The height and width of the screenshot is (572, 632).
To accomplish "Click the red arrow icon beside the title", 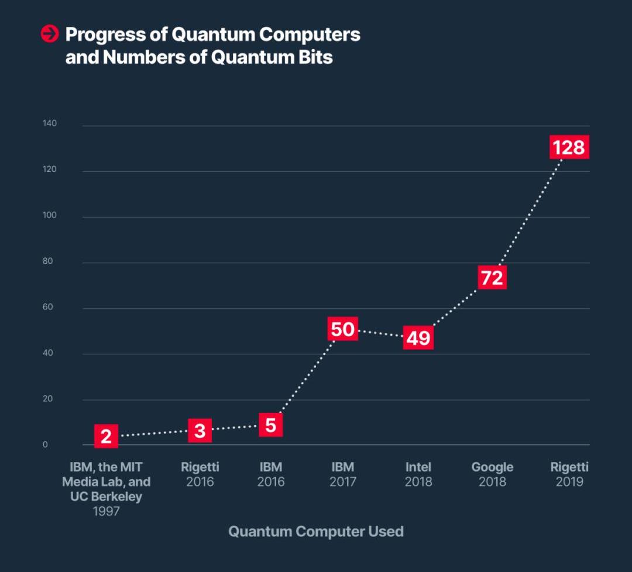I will tap(50, 35).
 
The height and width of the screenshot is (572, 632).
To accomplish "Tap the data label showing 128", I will tap(569, 147).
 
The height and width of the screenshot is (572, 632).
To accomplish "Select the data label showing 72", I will tap(492, 278).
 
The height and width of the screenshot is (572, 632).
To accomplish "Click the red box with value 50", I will tap(342, 329).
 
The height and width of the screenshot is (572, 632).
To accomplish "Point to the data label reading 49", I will tap(418, 337).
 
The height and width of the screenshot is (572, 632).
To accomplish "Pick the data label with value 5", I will tap(270, 425).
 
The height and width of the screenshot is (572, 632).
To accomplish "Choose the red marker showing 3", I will tap(200, 431).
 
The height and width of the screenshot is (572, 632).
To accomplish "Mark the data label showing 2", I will tap(106, 436).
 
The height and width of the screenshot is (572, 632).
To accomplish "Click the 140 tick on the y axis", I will tap(49, 124).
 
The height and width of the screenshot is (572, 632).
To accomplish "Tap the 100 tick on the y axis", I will tap(49, 215).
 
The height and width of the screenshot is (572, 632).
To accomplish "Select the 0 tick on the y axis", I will tap(45, 444).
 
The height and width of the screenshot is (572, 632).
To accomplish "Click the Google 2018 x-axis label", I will tap(492, 474).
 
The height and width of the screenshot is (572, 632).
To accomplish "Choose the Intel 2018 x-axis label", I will tap(418, 474).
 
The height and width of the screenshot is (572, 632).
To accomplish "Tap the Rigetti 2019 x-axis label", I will tap(569, 474).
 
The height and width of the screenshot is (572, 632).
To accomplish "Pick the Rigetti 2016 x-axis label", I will tap(200, 474).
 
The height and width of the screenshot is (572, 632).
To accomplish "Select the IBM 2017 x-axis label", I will tap(342, 474).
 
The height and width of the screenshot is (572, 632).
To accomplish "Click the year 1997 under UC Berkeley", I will tap(106, 511).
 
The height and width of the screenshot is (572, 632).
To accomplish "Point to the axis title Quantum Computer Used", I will tap(316, 531).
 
